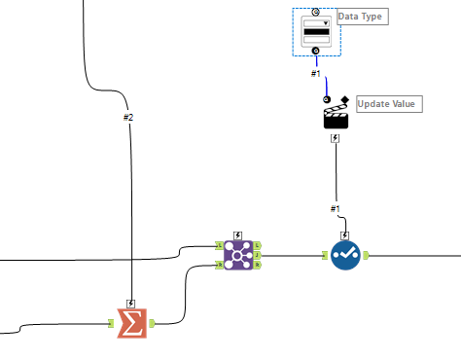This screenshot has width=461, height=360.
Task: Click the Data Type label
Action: click(x=358, y=18)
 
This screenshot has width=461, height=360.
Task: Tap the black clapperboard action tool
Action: click(x=336, y=117)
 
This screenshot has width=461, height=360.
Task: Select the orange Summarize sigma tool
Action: click(x=131, y=323)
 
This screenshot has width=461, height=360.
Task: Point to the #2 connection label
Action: click(x=128, y=117)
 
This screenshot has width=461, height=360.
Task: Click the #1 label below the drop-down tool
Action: click(x=316, y=73)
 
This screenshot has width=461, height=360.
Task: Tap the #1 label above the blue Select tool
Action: click(x=336, y=208)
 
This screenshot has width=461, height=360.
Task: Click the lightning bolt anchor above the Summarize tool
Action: click(x=131, y=303)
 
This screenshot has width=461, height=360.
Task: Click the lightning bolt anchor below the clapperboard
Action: click(x=336, y=138)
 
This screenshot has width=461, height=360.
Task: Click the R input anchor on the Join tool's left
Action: click(x=219, y=265)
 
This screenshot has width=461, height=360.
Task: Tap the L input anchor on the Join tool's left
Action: click(x=219, y=246)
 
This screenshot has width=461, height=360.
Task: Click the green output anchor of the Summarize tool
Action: click(x=153, y=323)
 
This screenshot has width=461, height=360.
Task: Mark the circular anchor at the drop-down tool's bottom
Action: click(x=316, y=51)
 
